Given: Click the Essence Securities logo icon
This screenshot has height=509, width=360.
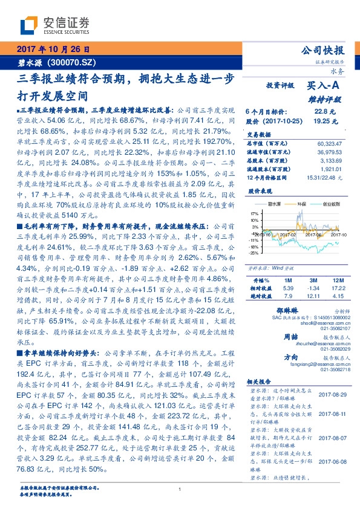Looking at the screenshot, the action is point(29,26).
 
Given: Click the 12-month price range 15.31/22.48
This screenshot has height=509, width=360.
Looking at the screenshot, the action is point(326,177).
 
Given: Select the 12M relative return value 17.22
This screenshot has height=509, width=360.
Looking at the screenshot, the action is point(338,290).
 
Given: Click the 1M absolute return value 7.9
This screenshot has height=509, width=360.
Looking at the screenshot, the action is point(288,297).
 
